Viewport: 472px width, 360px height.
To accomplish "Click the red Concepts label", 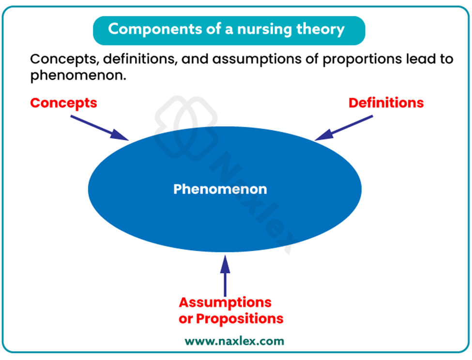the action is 63,104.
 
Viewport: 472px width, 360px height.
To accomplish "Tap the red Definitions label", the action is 386,103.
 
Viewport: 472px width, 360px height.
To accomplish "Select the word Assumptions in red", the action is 225,303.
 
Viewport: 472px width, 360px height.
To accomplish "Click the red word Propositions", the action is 240,319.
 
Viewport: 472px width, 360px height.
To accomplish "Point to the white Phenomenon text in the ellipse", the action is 220,189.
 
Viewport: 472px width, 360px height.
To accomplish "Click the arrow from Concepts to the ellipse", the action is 100,128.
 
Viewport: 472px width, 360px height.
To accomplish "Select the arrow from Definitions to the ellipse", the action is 344,128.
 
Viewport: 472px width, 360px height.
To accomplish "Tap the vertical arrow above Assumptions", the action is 225,276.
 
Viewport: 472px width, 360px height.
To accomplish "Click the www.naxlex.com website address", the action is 234,341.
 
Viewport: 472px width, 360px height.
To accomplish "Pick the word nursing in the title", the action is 265,30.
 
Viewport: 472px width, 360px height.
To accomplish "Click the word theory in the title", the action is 320,30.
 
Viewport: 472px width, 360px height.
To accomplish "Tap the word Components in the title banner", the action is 155,30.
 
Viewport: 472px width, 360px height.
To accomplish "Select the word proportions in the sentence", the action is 362,60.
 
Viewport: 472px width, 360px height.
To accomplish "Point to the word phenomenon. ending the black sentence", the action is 78,75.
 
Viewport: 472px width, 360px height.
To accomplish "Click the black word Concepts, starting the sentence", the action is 65,60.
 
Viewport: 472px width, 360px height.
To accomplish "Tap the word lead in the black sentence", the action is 421,59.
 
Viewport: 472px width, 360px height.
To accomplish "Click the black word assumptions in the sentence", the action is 257,60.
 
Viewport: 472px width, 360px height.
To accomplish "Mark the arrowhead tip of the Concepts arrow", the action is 129,140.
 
